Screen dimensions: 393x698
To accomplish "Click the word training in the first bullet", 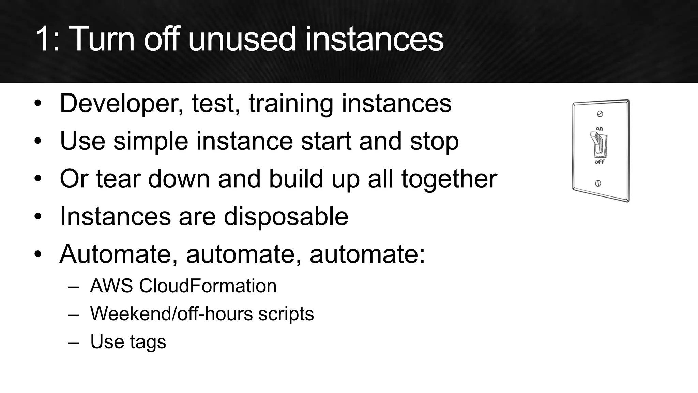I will click(291, 103).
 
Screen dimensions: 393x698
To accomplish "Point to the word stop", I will click(434, 142).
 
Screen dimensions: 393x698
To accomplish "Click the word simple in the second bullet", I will click(151, 142).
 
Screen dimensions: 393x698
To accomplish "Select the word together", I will click(449, 179).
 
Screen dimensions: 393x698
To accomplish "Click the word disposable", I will click(286, 217).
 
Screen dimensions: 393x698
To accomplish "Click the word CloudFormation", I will click(208, 286).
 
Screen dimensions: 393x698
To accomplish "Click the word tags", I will click(148, 342).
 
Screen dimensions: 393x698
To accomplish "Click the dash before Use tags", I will click(73, 342).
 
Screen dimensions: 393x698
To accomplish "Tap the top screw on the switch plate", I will click(600, 114).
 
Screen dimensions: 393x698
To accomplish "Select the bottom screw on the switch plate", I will click(598, 183).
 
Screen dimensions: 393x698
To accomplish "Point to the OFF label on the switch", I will click(600, 162).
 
